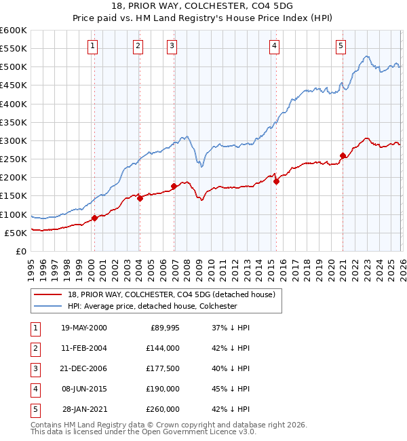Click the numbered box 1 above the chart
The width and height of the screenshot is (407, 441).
point(92,46)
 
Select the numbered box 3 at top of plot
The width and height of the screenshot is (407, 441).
point(172,46)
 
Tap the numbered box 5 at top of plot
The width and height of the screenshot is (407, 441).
point(341,46)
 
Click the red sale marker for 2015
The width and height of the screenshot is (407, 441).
point(276,181)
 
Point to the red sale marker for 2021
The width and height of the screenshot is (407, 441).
point(343,155)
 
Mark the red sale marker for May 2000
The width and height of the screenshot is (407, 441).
point(94,218)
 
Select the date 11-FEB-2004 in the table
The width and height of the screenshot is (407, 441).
point(83,347)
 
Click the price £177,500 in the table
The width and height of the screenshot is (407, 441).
point(163,368)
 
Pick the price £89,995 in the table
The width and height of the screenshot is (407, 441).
point(165,327)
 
